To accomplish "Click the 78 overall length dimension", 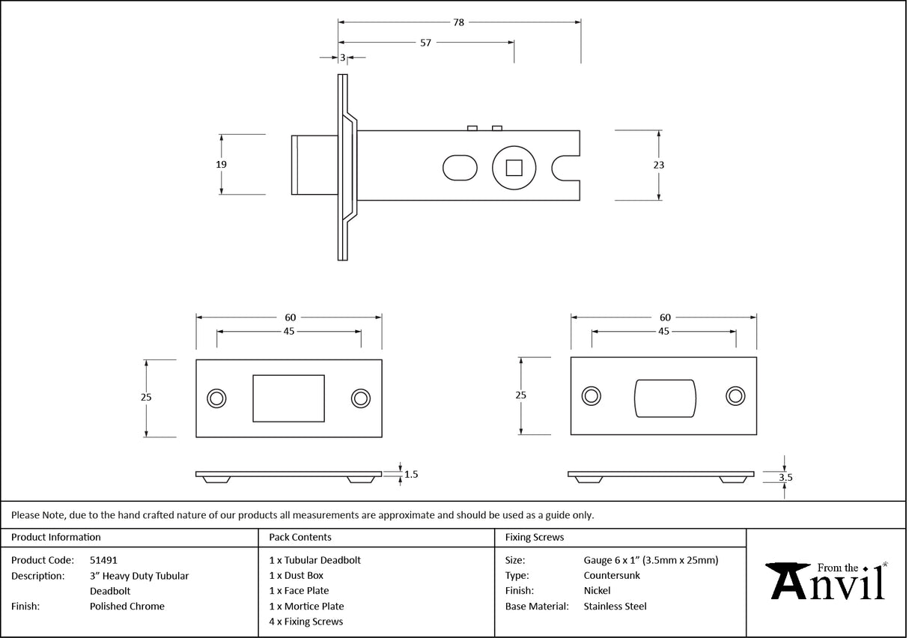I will point(458,22).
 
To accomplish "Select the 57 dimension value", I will point(425,43).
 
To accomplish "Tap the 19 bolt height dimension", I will point(221,164).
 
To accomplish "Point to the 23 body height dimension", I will point(659,165).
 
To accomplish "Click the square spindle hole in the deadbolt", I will point(514,167).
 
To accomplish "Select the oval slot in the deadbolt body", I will point(459,167).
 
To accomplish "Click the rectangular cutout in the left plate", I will point(289,398).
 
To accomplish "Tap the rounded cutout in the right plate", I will point(665,398).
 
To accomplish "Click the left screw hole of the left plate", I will point(217,398).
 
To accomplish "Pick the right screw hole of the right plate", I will point(735,397).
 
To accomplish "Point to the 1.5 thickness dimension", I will point(411,474).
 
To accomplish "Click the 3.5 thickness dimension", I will point(785,476).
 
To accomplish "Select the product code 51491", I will point(103,559).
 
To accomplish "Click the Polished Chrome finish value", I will point(127,606).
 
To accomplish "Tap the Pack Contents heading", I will point(300,537).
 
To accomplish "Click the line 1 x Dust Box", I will point(297,575).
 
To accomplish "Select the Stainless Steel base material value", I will point(615,606).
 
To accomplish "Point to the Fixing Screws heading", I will point(535,537).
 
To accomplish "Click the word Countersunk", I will point(612,575).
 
